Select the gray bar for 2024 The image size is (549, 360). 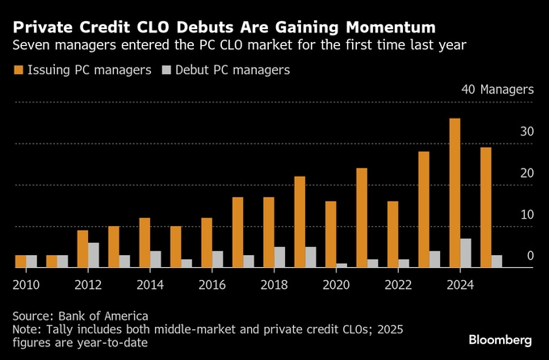pyautogui.click(x=466, y=253)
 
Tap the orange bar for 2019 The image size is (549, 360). pyautogui.click(x=300, y=221)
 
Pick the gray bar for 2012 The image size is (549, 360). pyautogui.click(x=94, y=254)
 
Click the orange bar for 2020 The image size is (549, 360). pyautogui.click(x=330, y=233)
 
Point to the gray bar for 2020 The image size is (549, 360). pyautogui.click(x=342, y=265)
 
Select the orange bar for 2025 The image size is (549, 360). pyautogui.click(x=485, y=207)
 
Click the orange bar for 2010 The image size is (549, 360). pyautogui.click(x=20, y=261)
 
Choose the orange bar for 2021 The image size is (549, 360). pyautogui.click(x=361, y=217)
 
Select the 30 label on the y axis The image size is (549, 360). pyautogui.click(x=526, y=132)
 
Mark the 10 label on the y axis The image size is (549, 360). pyautogui.click(x=526, y=215)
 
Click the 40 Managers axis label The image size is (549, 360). pyautogui.click(x=497, y=90)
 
